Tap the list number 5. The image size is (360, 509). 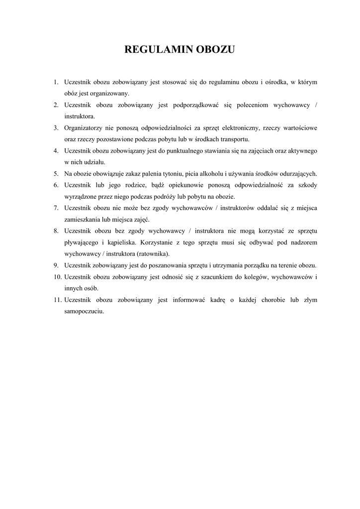pos(56,173)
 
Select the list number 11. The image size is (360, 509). pos(57,300)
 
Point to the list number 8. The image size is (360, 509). pos(56,231)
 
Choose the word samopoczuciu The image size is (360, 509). pos(84,311)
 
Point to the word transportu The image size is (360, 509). pos(233,139)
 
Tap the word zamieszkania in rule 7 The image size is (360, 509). pos(83,219)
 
